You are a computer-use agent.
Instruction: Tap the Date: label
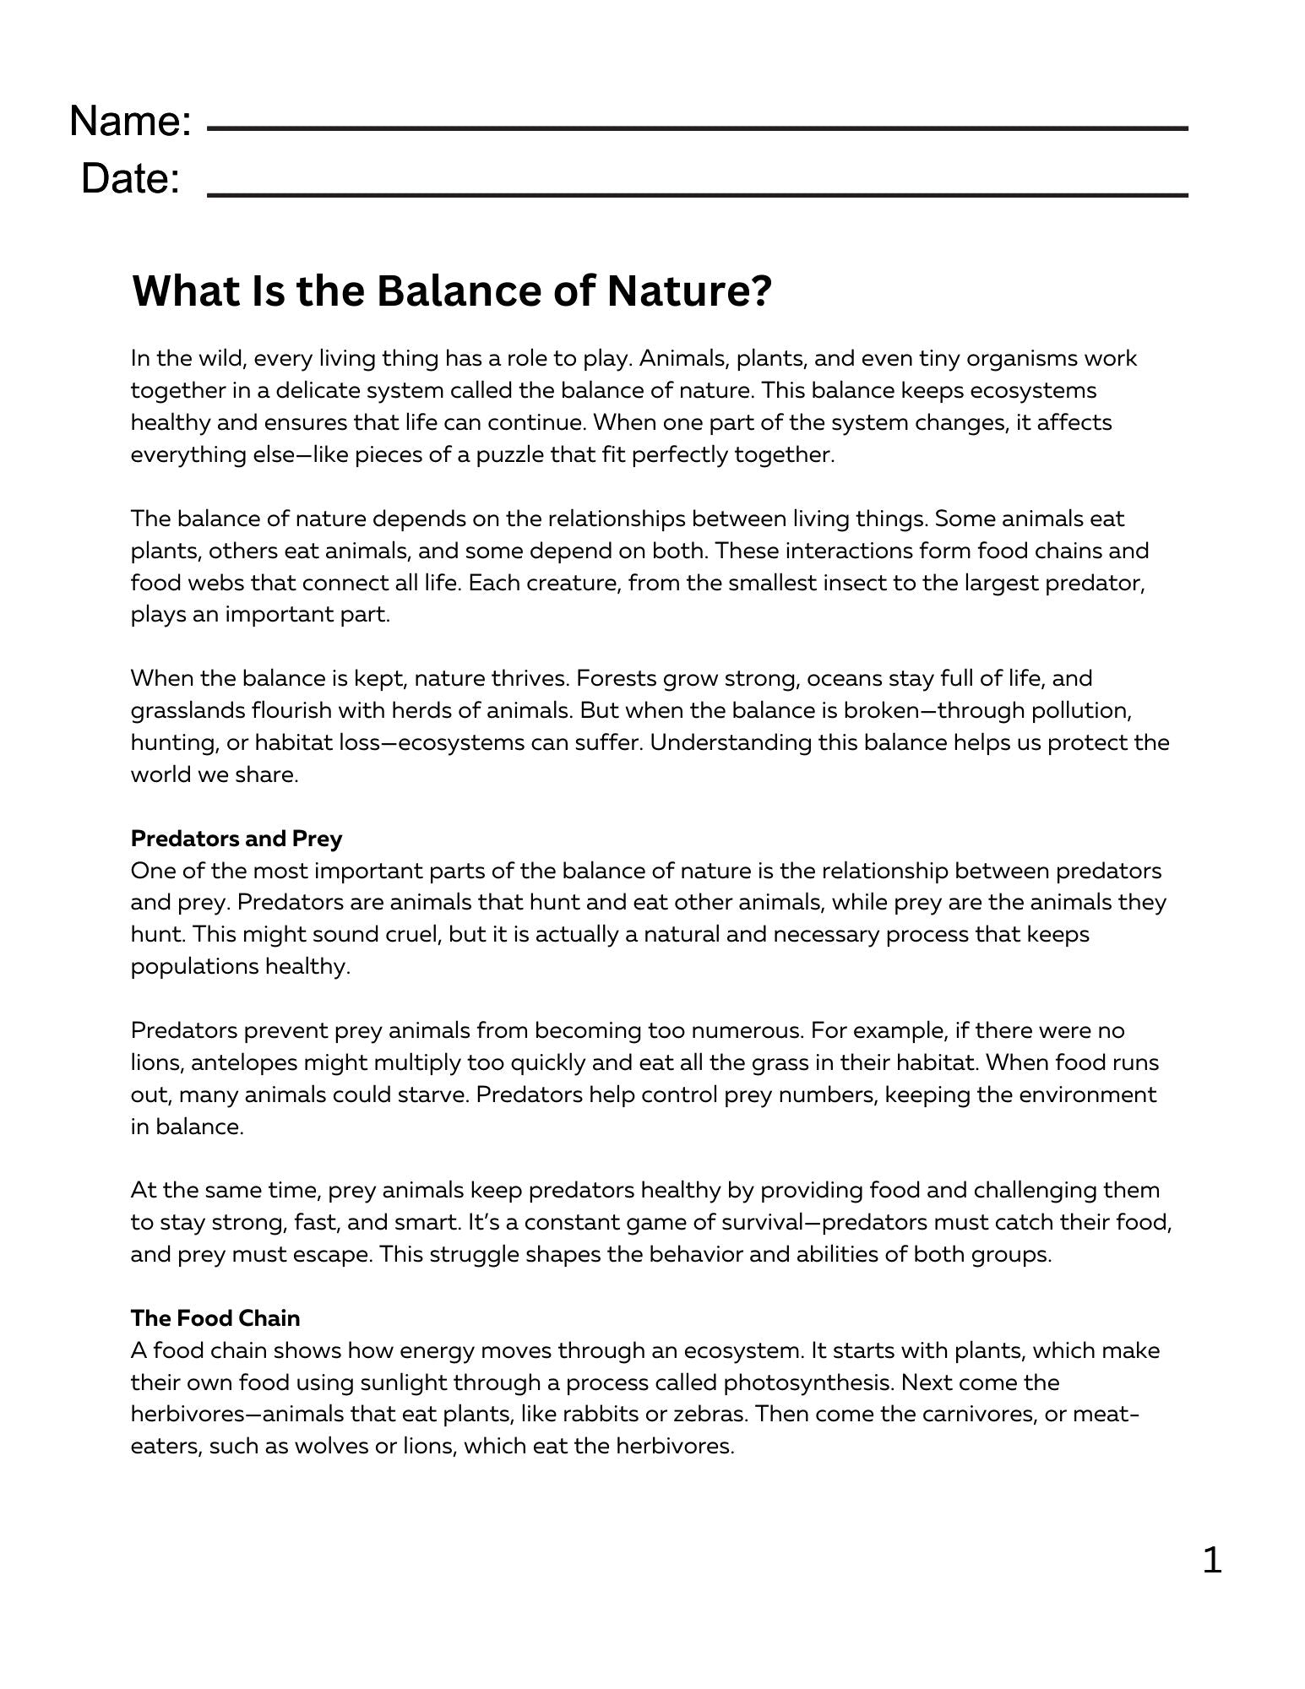pos(130,179)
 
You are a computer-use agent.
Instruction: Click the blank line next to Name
pos(697,129)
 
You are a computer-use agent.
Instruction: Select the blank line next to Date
pos(697,195)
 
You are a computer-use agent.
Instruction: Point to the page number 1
pos(1211,1560)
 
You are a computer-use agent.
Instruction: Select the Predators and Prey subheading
pos(237,839)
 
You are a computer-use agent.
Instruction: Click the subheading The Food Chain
pos(215,1318)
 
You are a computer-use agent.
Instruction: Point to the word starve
pos(436,1094)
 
